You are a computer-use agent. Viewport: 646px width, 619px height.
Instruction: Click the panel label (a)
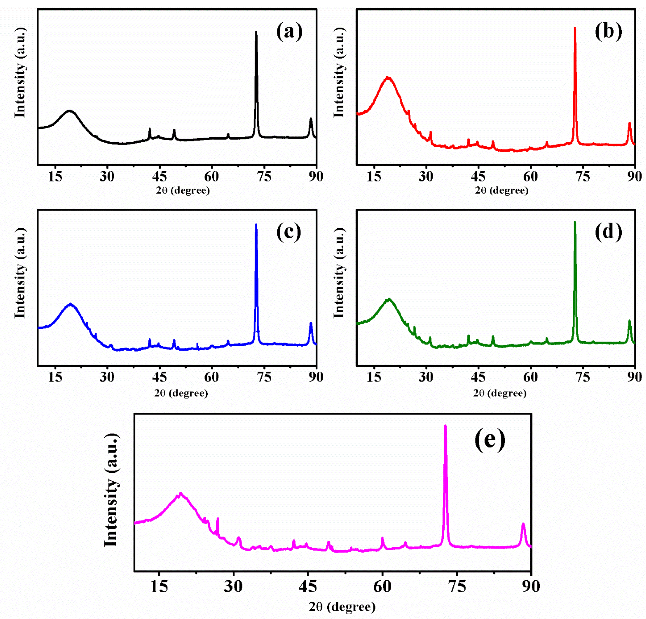pyautogui.click(x=289, y=32)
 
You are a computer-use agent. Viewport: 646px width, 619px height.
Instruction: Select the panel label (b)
pyautogui.click(x=608, y=32)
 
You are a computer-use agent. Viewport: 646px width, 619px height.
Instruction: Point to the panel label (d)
pyautogui.click(x=608, y=232)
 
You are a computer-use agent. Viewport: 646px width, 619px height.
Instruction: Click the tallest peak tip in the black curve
pyautogui.click(x=256, y=32)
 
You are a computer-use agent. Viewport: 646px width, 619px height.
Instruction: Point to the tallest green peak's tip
pyautogui.click(x=575, y=222)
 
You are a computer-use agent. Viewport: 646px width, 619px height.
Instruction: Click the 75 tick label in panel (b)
pyautogui.click(x=583, y=177)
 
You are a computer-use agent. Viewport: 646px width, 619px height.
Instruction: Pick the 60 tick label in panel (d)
pyautogui.click(x=530, y=377)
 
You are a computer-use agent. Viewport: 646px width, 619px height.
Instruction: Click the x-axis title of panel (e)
pyautogui.click(x=342, y=607)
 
